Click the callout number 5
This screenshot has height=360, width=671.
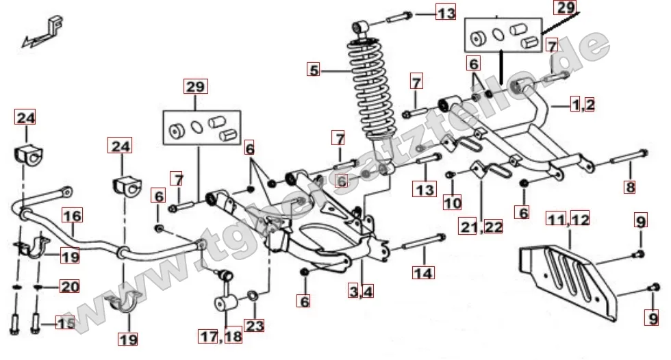pyautogui.click(x=314, y=70)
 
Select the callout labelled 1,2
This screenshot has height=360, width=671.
pyautogui.click(x=583, y=105)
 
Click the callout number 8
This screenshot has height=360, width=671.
pyautogui.click(x=629, y=187)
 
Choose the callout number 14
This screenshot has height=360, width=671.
pyautogui.click(x=423, y=272)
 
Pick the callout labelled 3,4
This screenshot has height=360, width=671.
pyautogui.click(x=362, y=292)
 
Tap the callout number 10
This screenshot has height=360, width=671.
pyautogui.click(x=452, y=202)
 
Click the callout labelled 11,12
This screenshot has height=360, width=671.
pyautogui.click(x=568, y=220)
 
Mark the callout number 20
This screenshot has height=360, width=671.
pyautogui.click(x=69, y=287)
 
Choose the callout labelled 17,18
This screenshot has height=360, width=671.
pyautogui.click(x=221, y=336)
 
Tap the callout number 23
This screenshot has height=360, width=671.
pyautogui.click(x=254, y=326)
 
